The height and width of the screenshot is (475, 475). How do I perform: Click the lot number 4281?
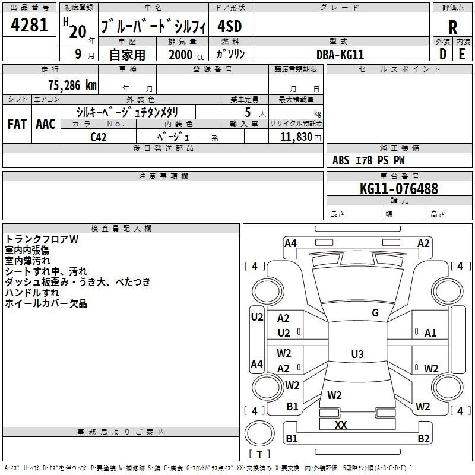click(29, 25)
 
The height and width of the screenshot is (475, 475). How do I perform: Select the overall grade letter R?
click(452, 27)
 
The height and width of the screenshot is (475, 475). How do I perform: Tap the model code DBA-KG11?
click(340, 55)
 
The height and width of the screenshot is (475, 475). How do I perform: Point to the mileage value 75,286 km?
click(72, 85)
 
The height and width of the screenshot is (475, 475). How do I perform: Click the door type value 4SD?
click(230, 26)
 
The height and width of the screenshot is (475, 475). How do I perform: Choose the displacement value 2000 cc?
click(186, 55)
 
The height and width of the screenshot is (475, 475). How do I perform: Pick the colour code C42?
click(98, 137)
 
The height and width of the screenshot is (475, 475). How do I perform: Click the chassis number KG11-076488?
click(399, 189)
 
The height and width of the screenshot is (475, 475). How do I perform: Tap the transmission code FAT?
click(17, 124)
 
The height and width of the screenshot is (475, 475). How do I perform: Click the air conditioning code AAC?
click(46, 124)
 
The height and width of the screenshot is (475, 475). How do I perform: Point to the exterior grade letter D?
click(443, 54)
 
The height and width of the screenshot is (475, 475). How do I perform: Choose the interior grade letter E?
click(462, 54)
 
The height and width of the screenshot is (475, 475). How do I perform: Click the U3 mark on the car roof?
click(357, 354)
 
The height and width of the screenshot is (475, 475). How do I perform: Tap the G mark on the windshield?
click(375, 313)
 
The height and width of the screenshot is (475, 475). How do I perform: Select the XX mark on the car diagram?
click(341, 425)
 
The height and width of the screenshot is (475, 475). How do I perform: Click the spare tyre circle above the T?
click(259, 433)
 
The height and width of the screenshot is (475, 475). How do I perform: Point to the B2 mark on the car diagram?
click(423, 438)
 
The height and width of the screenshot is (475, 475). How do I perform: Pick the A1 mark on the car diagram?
click(430, 333)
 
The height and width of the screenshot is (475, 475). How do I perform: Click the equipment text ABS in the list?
click(341, 160)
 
